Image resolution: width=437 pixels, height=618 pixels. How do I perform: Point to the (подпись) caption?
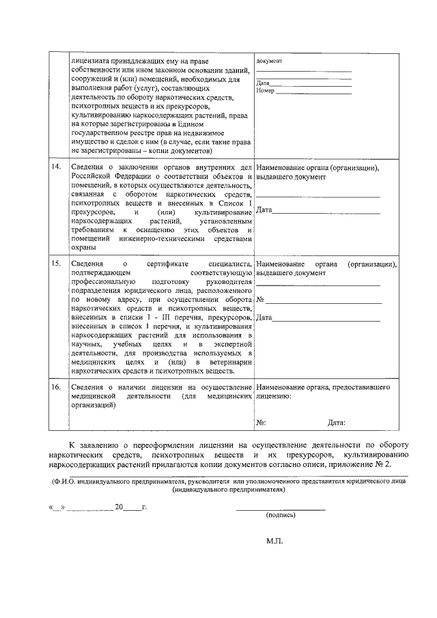(281, 516)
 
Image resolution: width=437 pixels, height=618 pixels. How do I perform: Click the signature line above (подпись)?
(281, 509)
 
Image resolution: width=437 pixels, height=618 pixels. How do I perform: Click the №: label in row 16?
(261, 423)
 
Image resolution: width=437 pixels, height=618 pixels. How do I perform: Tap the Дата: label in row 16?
(336, 423)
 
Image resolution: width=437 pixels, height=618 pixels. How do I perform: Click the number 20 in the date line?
(119, 508)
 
